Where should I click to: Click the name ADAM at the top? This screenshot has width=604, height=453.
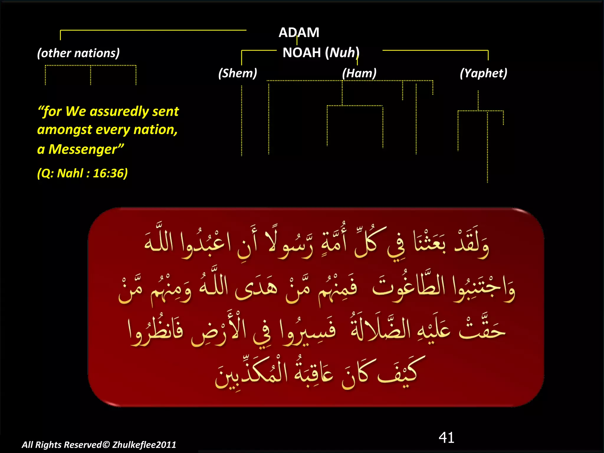coord(299,32)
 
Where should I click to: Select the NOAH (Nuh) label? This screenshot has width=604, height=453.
coord(321,53)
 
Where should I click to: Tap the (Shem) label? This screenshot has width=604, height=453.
coord(238,73)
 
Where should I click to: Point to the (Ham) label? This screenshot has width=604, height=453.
coord(359,73)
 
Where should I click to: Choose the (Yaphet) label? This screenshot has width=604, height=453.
coord(483,73)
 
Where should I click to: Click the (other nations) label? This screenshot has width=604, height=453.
coord(78,53)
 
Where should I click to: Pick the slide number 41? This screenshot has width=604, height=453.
coord(446,437)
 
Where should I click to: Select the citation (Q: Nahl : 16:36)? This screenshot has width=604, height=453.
coord(82,173)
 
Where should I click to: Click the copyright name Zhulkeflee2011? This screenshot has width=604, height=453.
coord(144,445)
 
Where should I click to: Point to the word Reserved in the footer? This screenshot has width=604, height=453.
coord(83,445)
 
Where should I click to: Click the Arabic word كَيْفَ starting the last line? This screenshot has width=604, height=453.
coord(398,373)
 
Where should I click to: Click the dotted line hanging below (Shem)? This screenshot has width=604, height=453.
coord(242,121)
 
